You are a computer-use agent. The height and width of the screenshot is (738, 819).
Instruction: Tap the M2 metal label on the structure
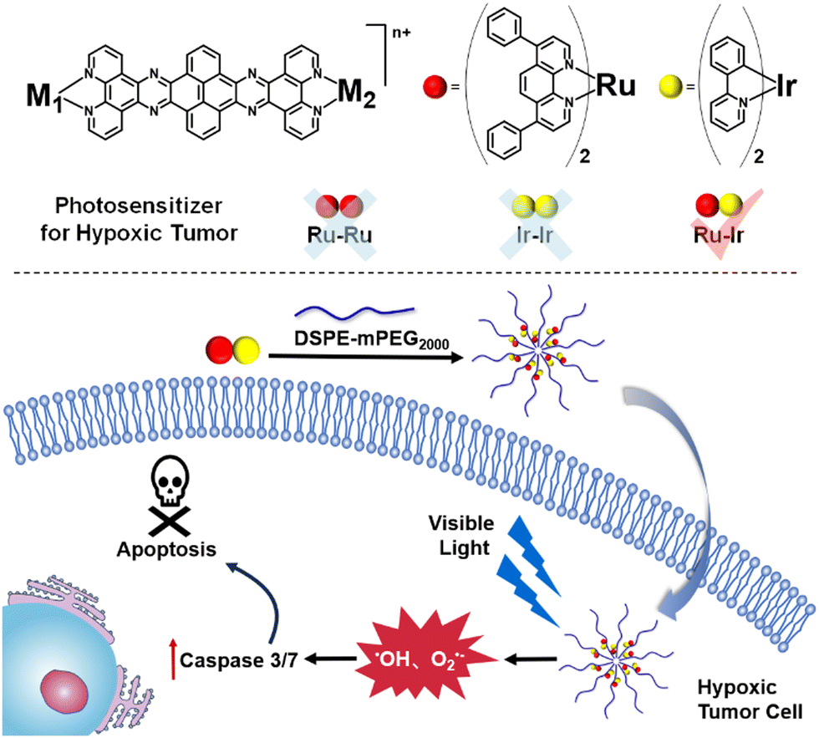coord(358,94)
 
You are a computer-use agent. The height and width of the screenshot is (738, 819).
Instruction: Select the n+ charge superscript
coord(402,33)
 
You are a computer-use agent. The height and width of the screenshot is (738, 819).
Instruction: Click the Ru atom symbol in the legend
coord(616,85)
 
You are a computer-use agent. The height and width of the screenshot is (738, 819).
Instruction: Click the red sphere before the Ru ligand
coord(435,87)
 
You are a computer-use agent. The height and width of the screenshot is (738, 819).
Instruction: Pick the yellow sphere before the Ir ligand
coord(671,87)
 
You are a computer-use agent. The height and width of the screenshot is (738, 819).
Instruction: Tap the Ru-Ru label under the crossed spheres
coord(339,235)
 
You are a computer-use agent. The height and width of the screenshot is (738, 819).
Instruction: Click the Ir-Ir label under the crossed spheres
coord(534,235)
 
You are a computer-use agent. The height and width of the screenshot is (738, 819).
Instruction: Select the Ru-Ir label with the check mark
coord(718,236)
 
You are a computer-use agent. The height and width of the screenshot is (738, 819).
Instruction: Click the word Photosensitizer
coord(139,206)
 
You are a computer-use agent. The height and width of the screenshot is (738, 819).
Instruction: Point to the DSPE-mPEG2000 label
coord(371,339)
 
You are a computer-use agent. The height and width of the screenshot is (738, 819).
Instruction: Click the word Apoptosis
coord(166,549)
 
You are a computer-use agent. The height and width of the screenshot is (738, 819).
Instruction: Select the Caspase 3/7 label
coord(239,660)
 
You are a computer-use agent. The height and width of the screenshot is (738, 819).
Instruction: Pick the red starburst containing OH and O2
coord(427,659)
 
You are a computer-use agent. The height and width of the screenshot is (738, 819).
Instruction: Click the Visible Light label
coord(461,536)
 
